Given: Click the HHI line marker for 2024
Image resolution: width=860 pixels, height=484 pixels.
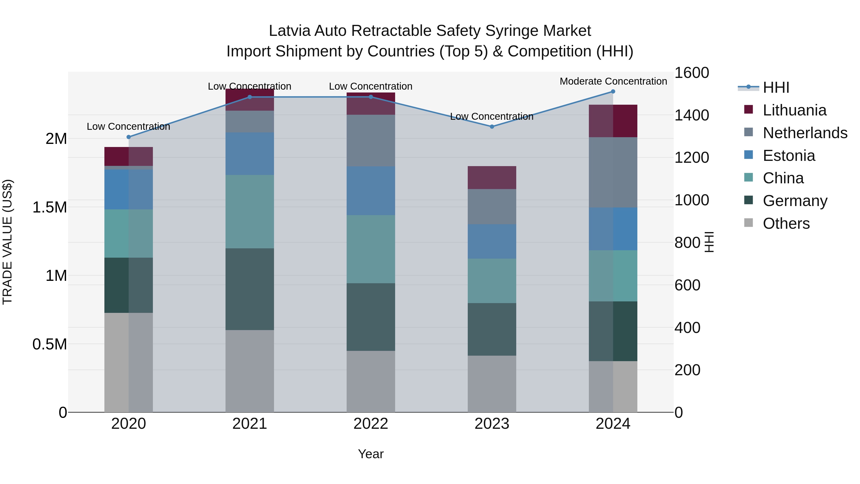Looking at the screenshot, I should pyautogui.click(x=613, y=92).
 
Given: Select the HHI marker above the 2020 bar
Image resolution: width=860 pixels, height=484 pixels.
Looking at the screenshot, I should pyautogui.click(x=129, y=137).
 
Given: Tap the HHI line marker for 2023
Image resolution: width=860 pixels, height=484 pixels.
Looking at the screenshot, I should pyautogui.click(x=492, y=127).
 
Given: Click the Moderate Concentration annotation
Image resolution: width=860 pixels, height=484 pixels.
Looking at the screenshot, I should pyautogui.click(x=613, y=81).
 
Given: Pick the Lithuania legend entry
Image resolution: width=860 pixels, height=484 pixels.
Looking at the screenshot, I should pyautogui.click(x=794, y=110).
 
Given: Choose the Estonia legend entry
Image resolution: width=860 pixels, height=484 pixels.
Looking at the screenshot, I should pyautogui.click(x=789, y=156).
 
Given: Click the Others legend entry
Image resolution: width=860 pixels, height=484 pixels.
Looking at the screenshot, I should pyautogui.click(x=786, y=223).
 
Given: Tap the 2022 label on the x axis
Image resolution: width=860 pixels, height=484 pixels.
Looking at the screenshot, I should pyautogui.click(x=371, y=424).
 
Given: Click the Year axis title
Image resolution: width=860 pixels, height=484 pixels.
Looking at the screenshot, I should pyautogui.click(x=371, y=454).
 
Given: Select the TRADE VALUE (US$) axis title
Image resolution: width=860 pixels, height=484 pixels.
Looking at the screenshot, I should pyautogui.click(x=7, y=242).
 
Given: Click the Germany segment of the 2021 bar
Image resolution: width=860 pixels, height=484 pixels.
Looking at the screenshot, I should pyautogui.click(x=250, y=289).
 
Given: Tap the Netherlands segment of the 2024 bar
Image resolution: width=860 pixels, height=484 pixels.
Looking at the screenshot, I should pyautogui.click(x=613, y=172).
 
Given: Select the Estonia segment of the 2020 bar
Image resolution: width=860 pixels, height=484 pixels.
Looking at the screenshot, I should pyautogui.click(x=129, y=189).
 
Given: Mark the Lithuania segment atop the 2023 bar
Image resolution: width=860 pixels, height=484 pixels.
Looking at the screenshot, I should pyautogui.click(x=492, y=177).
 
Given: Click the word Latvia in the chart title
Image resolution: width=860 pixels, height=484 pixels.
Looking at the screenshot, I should pyautogui.click(x=290, y=31).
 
